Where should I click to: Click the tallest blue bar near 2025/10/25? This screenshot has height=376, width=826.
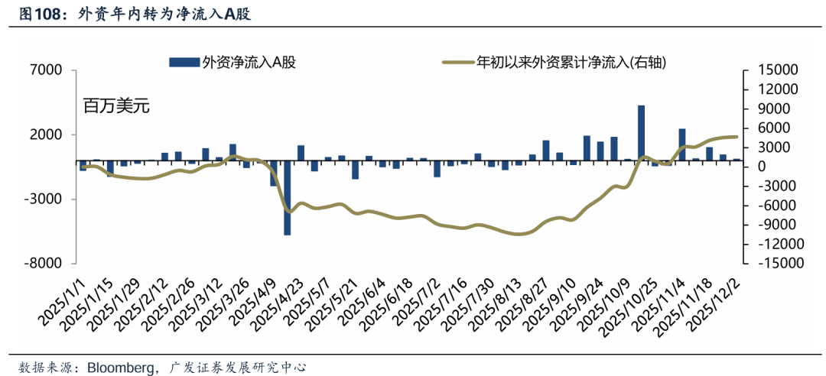coord(641,133)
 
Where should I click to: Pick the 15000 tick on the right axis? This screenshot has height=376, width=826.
coord(778,70)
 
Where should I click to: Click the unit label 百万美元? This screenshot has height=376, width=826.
coord(116,106)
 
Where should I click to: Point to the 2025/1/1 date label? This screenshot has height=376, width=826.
coord(63,301)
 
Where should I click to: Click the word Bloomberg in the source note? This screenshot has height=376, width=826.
coord(119,367)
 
